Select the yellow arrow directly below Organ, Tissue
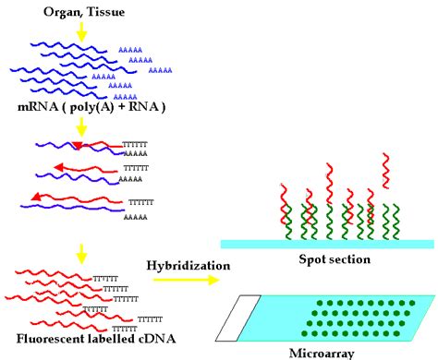(x=81, y=31)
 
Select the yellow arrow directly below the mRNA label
(x=81, y=127)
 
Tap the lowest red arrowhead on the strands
(x=35, y=197)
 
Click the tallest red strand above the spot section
(x=385, y=185)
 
